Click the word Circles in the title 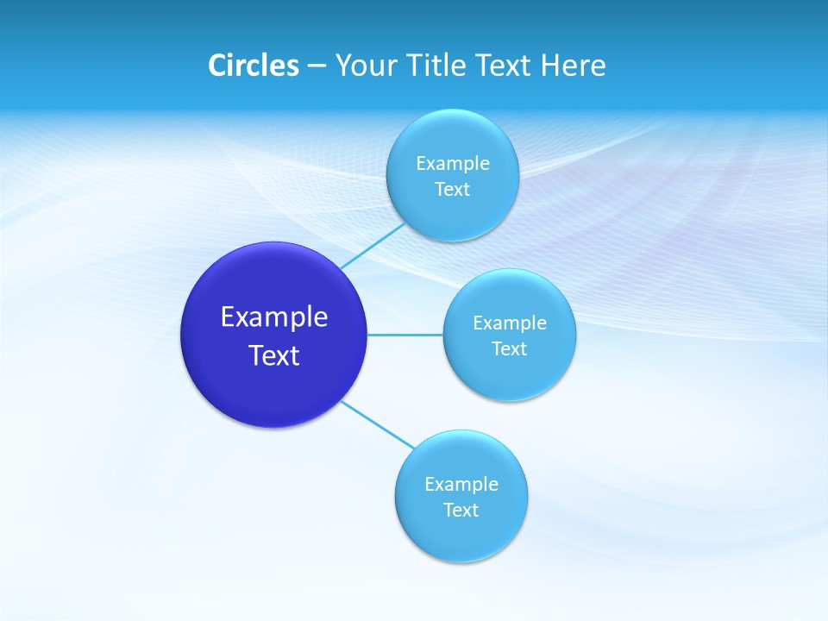point(253,66)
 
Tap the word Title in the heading point(437,66)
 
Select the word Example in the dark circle point(274,317)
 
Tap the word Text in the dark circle point(274,355)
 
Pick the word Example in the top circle point(452,163)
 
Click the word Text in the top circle point(452,190)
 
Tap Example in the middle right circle point(509,323)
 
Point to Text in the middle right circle point(509,349)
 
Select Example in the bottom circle point(461,484)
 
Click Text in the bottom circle point(461,511)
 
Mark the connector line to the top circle point(372,246)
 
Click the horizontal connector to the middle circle point(405,335)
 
